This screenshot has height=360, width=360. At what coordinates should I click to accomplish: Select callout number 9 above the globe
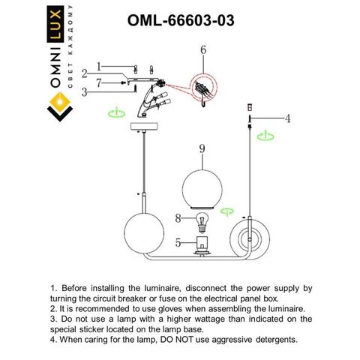[x=202, y=149]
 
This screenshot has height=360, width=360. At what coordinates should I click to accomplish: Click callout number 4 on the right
[x=287, y=118]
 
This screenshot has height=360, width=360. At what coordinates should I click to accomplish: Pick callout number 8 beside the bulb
[x=178, y=219]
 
